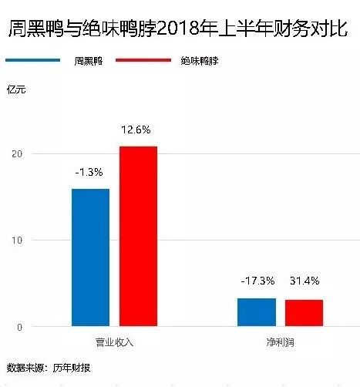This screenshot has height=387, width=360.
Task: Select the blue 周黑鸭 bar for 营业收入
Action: pos(90,257)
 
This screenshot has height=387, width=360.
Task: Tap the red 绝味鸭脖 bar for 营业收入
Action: pos(138,236)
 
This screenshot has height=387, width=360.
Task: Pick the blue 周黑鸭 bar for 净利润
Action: pos(257,312)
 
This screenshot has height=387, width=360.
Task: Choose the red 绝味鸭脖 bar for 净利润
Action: pos(304,313)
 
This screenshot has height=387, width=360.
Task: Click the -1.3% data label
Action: pos(90,172)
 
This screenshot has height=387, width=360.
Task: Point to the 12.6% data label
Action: pos(138,130)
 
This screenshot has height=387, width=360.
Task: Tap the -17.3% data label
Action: pos(257,281)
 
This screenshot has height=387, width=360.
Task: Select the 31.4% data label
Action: pos(304,281)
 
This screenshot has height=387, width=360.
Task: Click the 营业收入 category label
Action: pos(114,340)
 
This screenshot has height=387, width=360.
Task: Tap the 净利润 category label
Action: pos(280,340)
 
